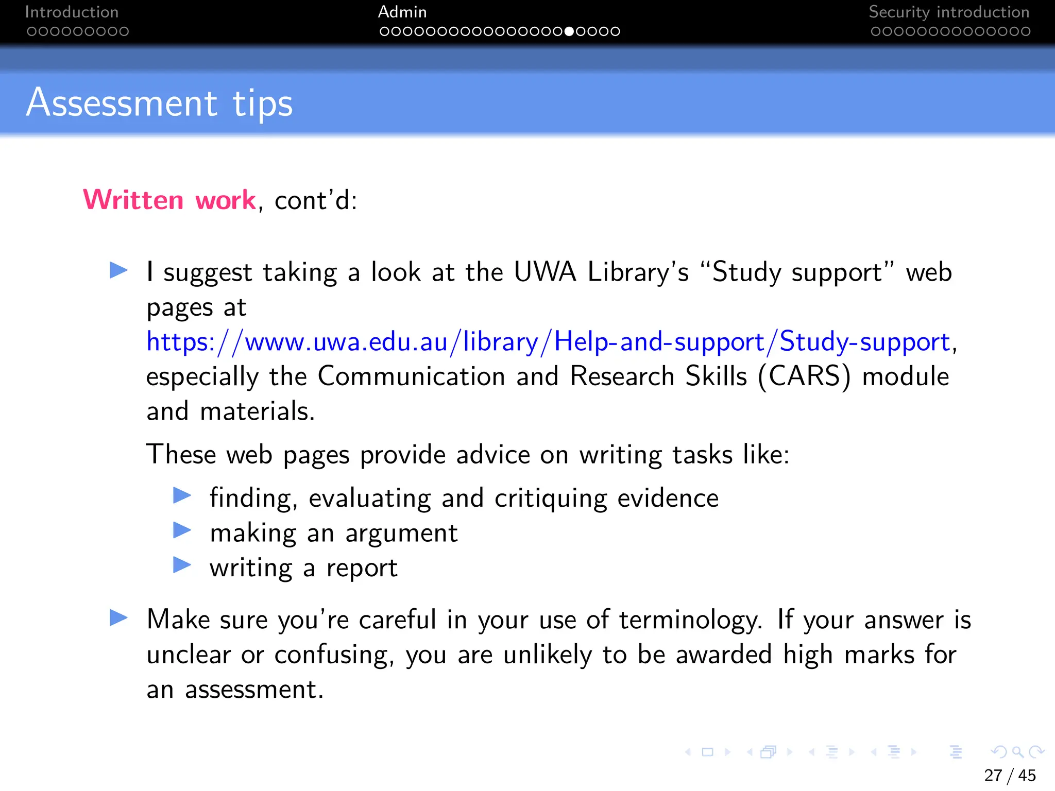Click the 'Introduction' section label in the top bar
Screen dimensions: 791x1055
pos(72,12)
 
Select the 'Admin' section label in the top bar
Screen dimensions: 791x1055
pos(402,12)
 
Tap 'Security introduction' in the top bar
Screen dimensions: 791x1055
pos(949,12)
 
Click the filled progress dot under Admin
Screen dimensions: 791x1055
pos(569,31)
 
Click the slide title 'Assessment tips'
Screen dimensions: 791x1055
pos(160,103)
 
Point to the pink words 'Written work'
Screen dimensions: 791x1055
pos(169,200)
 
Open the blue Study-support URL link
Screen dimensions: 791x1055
pos(548,342)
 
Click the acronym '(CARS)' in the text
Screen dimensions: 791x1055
pos(804,376)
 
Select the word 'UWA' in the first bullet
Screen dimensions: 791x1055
pos(544,272)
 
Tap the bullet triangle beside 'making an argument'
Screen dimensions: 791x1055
pos(182,530)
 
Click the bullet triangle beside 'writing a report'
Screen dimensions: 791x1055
pos(182,565)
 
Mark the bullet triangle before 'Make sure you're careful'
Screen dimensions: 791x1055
pos(118,617)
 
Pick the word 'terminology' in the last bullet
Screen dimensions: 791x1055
pos(690,620)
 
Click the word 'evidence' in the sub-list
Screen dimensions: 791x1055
pos(668,498)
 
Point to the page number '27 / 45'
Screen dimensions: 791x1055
pos(1010,775)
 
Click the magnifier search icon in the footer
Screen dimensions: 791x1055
pos(1018,752)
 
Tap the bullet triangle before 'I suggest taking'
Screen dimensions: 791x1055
pos(118,270)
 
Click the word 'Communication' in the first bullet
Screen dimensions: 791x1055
pos(411,376)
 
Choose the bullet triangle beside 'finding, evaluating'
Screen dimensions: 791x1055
pos(182,495)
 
